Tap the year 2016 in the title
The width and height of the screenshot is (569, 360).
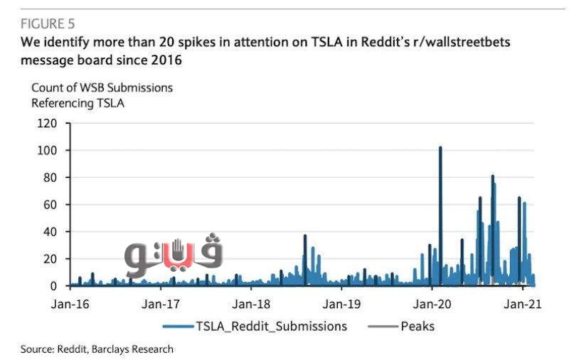[167, 60]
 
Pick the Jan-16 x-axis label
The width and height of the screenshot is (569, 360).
[70, 304]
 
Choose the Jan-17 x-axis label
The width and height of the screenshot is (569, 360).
[160, 304]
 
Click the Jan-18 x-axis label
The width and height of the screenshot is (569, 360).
[250, 304]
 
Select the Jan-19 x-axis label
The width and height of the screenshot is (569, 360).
[341, 304]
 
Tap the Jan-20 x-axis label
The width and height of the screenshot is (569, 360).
[431, 304]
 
